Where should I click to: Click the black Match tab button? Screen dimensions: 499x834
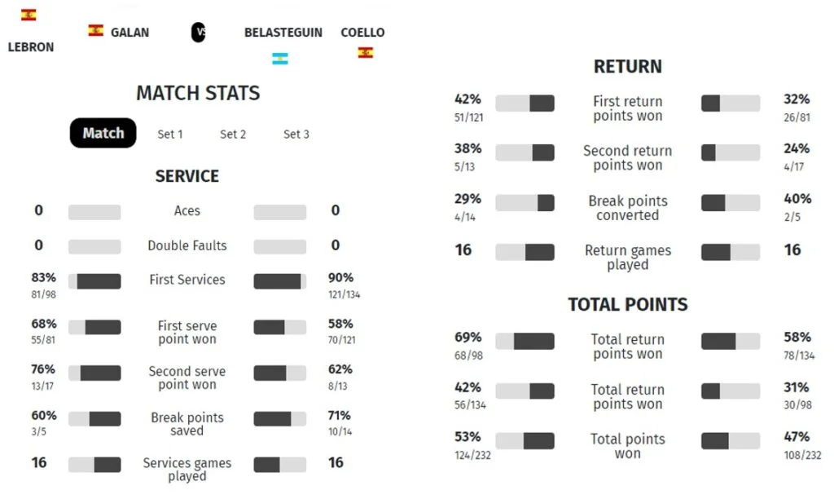103,133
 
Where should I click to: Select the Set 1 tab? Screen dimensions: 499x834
170,134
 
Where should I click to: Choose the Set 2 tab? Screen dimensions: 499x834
233,134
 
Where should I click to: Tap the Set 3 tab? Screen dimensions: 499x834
296,134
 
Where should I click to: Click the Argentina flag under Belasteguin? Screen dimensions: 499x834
280,59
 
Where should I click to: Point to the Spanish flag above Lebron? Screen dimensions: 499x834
29,15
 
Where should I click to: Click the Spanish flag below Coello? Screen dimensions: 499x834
366,53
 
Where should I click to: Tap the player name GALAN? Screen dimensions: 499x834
129,32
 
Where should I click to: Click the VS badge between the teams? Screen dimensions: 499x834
198,33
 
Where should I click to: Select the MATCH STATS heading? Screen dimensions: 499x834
198,93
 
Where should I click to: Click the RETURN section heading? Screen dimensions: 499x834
627,67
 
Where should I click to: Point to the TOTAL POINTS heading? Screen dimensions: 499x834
627,304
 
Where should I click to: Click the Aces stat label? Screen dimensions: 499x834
187,210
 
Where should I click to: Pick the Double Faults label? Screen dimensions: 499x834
187,245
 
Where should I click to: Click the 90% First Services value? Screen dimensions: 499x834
340,277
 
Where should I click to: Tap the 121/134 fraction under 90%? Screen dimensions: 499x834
344,294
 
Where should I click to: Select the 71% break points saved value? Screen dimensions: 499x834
340,416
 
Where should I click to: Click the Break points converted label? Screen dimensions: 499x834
627,208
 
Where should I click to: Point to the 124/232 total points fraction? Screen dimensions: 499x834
472,455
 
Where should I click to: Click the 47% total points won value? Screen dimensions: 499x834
797,437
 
